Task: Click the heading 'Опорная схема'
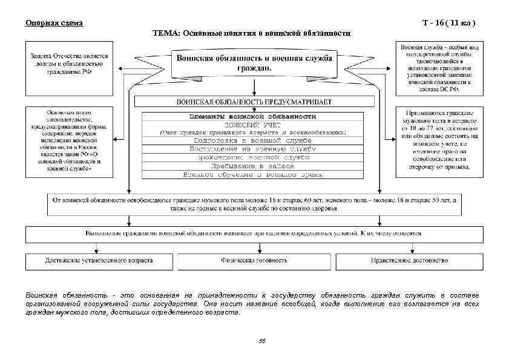(x=54, y=23)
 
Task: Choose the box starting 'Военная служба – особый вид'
(x=439, y=67)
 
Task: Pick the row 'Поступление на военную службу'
(x=253, y=148)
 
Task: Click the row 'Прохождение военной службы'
(x=253, y=157)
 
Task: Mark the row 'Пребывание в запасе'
(x=253, y=165)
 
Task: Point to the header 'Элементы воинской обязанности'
(x=253, y=116)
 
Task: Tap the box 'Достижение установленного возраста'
(x=99, y=260)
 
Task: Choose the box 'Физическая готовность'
(x=254, y=260)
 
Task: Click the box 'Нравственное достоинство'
(x=409, y=260)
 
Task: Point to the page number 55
(x=261, y=341)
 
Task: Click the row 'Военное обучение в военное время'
(x=253, y=174)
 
